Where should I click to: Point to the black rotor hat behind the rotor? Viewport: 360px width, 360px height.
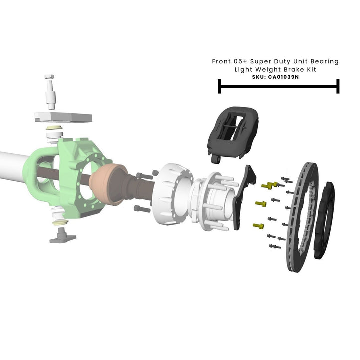(x=325, y=220)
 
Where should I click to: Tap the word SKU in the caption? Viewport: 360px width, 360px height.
(x=259, y=77)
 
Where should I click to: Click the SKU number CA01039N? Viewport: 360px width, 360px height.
(x=283, y=77)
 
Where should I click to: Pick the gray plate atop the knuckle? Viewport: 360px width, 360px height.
(x=63, y=118)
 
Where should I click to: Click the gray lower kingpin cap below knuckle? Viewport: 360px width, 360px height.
(x=62, y=234)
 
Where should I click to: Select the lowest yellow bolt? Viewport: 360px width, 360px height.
(x=258, y=226)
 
